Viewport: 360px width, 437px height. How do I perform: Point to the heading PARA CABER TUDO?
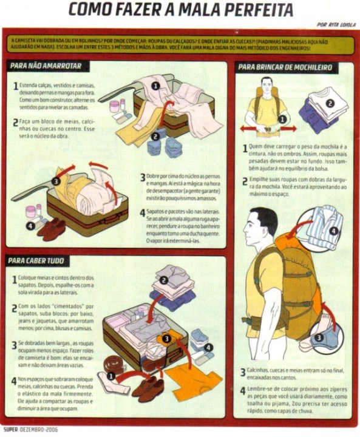(35, 260)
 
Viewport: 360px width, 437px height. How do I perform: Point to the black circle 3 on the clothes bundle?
(55, 180)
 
